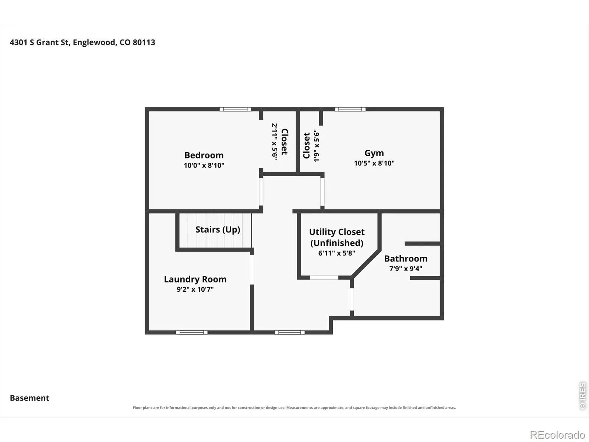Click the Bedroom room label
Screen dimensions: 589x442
pos(204,155)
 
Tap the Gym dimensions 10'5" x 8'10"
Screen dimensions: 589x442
pos(374,163)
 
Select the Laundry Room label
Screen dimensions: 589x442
pos(195,279)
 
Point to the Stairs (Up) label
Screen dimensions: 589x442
pos(218,230)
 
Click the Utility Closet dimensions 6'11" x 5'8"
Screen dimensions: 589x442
pos(336,253)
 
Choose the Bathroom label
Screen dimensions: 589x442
pos(406,259)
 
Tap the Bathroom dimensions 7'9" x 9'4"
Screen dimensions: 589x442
pos(406,269)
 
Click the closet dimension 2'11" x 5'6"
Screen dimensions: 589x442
pos(274,142)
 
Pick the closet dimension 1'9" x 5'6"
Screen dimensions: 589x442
pos(317,146)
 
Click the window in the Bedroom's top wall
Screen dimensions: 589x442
pos(235,109)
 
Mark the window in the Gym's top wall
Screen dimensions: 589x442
pos(350,109)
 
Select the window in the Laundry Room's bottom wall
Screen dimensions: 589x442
pos(191,333)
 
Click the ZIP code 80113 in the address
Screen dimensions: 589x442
pos(144,42)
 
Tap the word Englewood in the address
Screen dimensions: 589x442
pos(95,43)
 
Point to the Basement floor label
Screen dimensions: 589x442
pos(29,398)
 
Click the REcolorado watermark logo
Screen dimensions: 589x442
pos(557,435)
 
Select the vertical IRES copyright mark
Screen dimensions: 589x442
pos(582,396)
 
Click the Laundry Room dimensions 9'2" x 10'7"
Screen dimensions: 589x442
pos(195,289)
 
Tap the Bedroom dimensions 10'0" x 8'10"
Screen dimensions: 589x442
pos(204,165)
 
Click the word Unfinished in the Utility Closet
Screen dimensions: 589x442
pos(337,243)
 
